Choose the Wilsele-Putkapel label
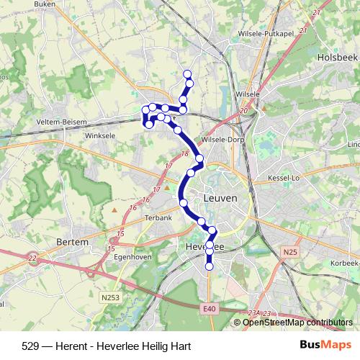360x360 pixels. click(265, 33)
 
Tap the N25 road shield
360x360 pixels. click(290, 251)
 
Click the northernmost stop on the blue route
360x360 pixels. click(188, 74)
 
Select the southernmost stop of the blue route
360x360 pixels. click(210, 266)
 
